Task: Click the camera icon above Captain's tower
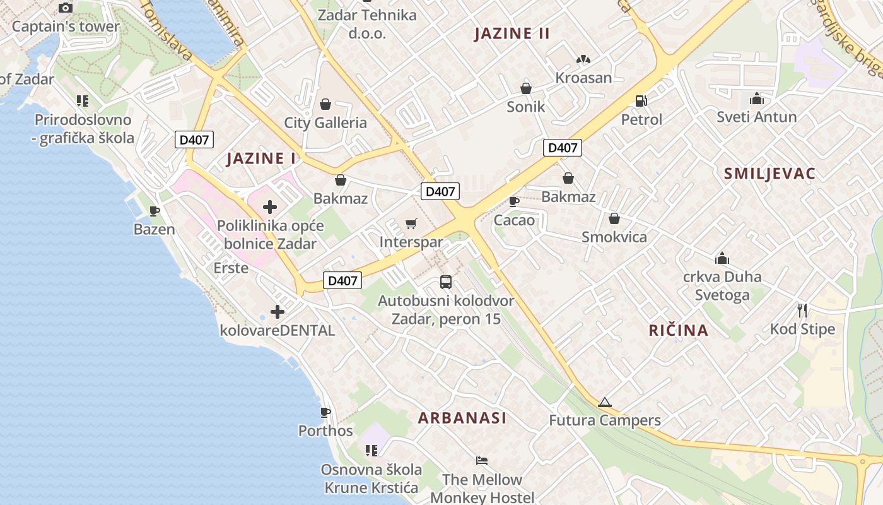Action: [66, 8]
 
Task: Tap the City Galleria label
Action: [325, 122]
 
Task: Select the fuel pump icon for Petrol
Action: [641, 100]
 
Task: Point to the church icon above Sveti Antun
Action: [756, 99]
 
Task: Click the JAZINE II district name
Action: [512, 33]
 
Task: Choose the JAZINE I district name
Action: [261, 158]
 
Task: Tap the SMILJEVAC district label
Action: [769, 174]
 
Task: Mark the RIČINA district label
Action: [679, 330]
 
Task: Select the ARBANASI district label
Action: [462, 418]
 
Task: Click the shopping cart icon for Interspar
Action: [411, 223]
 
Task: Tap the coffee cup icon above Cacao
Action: [514, 201]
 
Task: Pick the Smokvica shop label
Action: [614, 237]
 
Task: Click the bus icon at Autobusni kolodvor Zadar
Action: [446, 282]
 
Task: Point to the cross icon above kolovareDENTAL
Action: [277, 311]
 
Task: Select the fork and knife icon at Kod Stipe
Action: [802, 310]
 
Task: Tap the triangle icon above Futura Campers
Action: [604, 402]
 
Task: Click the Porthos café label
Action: [325, 431]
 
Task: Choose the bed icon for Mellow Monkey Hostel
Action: [482, 461]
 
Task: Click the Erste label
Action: [231, 268]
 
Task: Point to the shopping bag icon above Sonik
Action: [525, 88]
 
